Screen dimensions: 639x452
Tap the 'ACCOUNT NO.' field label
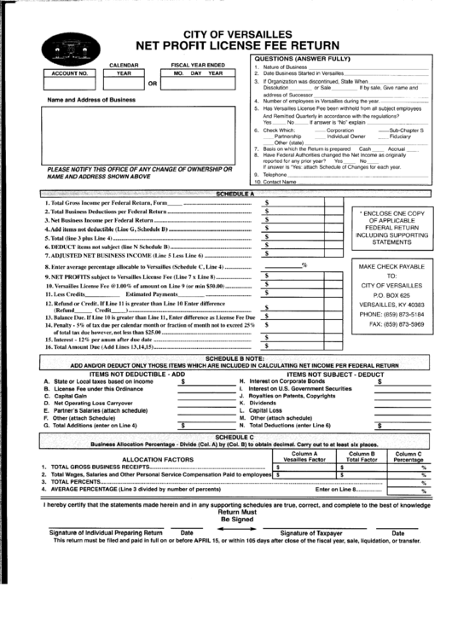pyautogui.click(x=69, y=73)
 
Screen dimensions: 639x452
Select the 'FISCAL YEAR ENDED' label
pyautogui.click(x=198, y=65)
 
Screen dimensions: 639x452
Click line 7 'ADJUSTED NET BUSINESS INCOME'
pyautogui.click(x=125, y=255)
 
